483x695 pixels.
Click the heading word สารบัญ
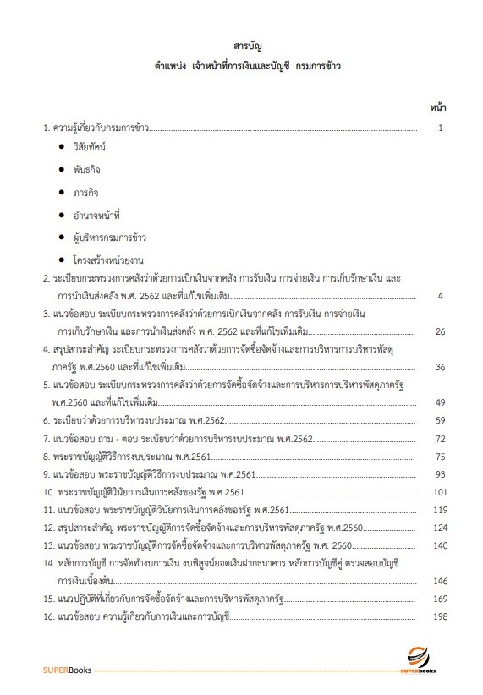pos(240,44)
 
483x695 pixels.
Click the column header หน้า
pos(438,107)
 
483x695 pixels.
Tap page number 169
pos(436,599)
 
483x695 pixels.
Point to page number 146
pos(436,581)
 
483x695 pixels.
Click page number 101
pos(436,491)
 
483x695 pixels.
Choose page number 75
pos(439,456)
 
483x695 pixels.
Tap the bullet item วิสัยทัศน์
pos(101,147)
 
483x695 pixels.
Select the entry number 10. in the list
pos(50,492)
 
